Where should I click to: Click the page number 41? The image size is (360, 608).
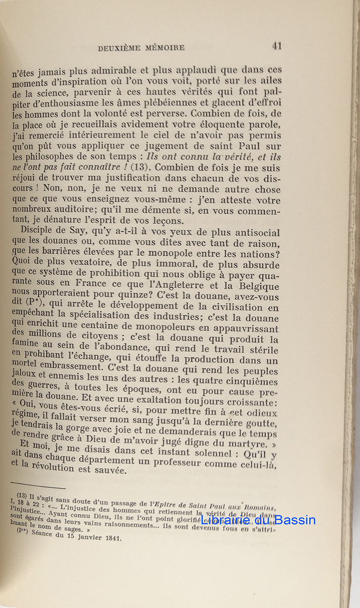(276, 46)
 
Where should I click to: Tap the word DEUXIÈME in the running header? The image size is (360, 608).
(122, 48)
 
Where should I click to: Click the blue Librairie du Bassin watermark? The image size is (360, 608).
(258, 519)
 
